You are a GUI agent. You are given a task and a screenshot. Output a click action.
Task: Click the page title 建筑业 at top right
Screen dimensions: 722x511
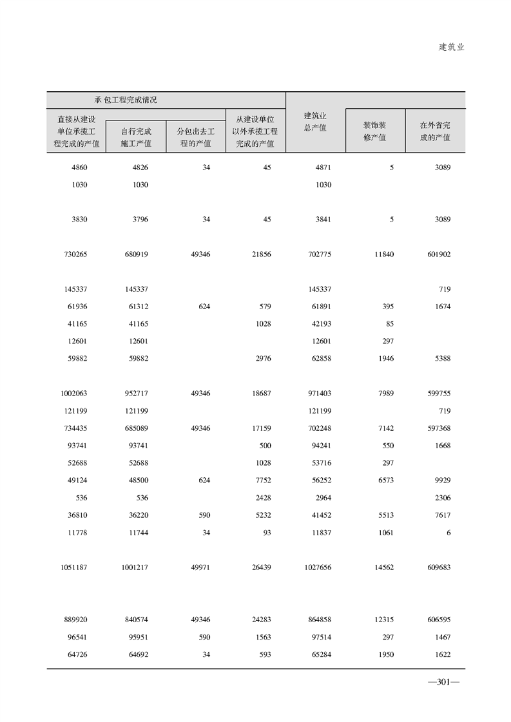click(x=451, y=47)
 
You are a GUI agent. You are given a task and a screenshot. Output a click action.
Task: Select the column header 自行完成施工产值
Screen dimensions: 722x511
click(x=136, y=137)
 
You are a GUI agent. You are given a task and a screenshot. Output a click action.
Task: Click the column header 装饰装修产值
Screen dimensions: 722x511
click(x=374, y=131)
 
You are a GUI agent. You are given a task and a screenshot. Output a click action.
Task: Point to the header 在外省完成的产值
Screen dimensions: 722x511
click(x=435, y=131)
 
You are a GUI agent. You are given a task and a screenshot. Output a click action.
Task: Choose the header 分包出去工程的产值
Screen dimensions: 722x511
click(x=195, y=137)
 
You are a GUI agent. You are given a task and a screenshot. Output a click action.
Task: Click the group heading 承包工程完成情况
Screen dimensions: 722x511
click(x=126, y=100)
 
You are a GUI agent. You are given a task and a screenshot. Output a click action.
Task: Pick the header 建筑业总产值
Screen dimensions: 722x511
click(x=315, y=122)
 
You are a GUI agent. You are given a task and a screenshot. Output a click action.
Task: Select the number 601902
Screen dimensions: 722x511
click(x=438, y=254)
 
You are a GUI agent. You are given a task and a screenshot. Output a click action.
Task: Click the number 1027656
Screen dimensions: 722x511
click(x=316, y=567)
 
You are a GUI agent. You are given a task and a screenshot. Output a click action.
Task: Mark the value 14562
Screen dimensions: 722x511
click(x=383, y=567)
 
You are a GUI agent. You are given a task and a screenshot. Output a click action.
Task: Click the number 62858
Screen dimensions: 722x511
click(x=320, y=359)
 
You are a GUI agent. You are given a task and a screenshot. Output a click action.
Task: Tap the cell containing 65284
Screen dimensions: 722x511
click(x=320, y=654)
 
